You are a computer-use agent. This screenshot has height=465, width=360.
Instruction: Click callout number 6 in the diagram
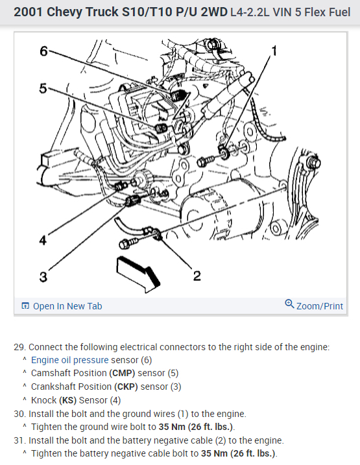[43, 51]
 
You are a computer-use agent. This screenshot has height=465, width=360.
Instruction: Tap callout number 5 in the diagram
[43, 88]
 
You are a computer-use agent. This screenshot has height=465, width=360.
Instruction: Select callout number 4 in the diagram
[43, 240]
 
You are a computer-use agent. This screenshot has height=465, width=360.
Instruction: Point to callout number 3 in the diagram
[43, 277]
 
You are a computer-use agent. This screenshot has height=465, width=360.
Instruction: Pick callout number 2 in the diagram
[197, 276]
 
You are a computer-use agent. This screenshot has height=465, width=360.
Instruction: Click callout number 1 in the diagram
[274, 51]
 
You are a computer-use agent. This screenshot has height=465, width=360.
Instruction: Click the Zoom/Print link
[319, 306]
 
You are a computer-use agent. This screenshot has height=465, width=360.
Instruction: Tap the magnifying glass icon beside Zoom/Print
[289, 304]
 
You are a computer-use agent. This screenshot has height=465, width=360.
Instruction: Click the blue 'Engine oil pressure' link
[69, 360]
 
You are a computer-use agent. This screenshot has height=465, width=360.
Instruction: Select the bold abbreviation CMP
[122, 373]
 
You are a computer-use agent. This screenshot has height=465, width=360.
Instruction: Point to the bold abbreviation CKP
[126, 387]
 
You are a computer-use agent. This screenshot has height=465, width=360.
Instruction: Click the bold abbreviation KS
[67, 400]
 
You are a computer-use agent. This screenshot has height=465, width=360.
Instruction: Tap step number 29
[19, 347]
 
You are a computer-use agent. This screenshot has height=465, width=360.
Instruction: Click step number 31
[19, 440]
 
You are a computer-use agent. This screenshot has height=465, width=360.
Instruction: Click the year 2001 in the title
[29, 12]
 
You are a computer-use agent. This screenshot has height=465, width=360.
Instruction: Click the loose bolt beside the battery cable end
[128, 244]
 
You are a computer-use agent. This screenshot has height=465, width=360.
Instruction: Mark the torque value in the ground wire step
[195, 427]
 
